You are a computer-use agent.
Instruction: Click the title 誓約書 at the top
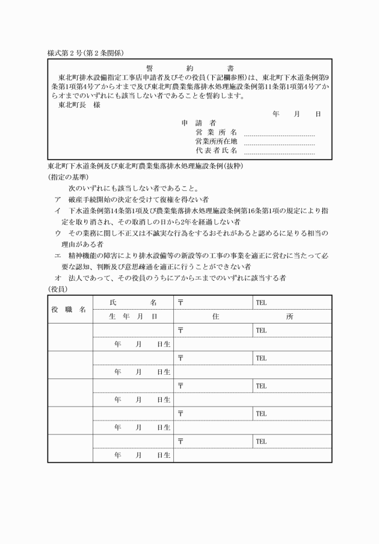tap(189, 68)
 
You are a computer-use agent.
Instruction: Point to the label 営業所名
tap(216, 132)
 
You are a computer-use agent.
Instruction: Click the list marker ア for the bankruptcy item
tap(57, 199)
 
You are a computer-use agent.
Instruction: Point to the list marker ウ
tap(57, 233)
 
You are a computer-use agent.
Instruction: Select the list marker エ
tap(57, 255)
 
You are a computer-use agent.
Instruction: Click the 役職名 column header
tap(70, 309)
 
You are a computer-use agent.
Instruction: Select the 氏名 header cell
tap(133, 302)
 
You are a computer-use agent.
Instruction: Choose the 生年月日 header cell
tap(133, 316)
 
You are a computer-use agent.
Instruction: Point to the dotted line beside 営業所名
tap(279, 133)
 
